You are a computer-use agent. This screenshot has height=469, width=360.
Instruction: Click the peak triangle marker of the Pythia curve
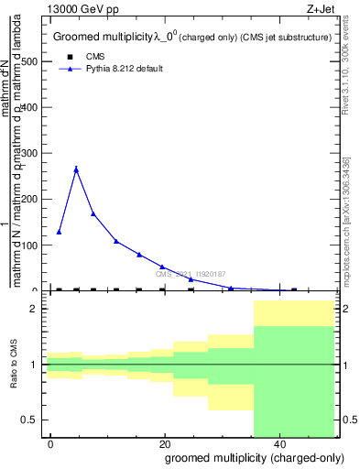(x=76, y=169)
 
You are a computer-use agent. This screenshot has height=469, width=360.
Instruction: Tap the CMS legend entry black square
(x=71, y=57)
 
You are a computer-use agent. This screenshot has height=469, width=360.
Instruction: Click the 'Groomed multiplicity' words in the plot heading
(x=95, y=38)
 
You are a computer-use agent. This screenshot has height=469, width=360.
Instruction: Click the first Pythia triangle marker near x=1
(x=59, y=232)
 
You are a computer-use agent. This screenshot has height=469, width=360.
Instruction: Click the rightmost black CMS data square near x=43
(x=293, y=289)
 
